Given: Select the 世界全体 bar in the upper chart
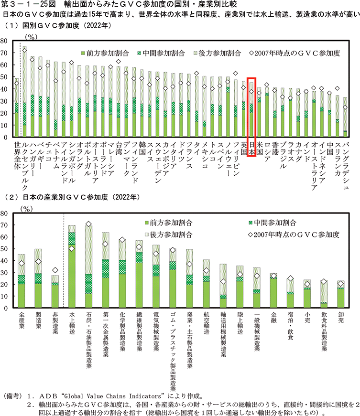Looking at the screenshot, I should (x=17, y=110).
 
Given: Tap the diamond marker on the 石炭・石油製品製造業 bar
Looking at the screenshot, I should (x=88, y=224).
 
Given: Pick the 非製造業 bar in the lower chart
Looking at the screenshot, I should (x=55, y=291).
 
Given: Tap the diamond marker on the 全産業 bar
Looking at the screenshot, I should (x=22, y=263).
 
